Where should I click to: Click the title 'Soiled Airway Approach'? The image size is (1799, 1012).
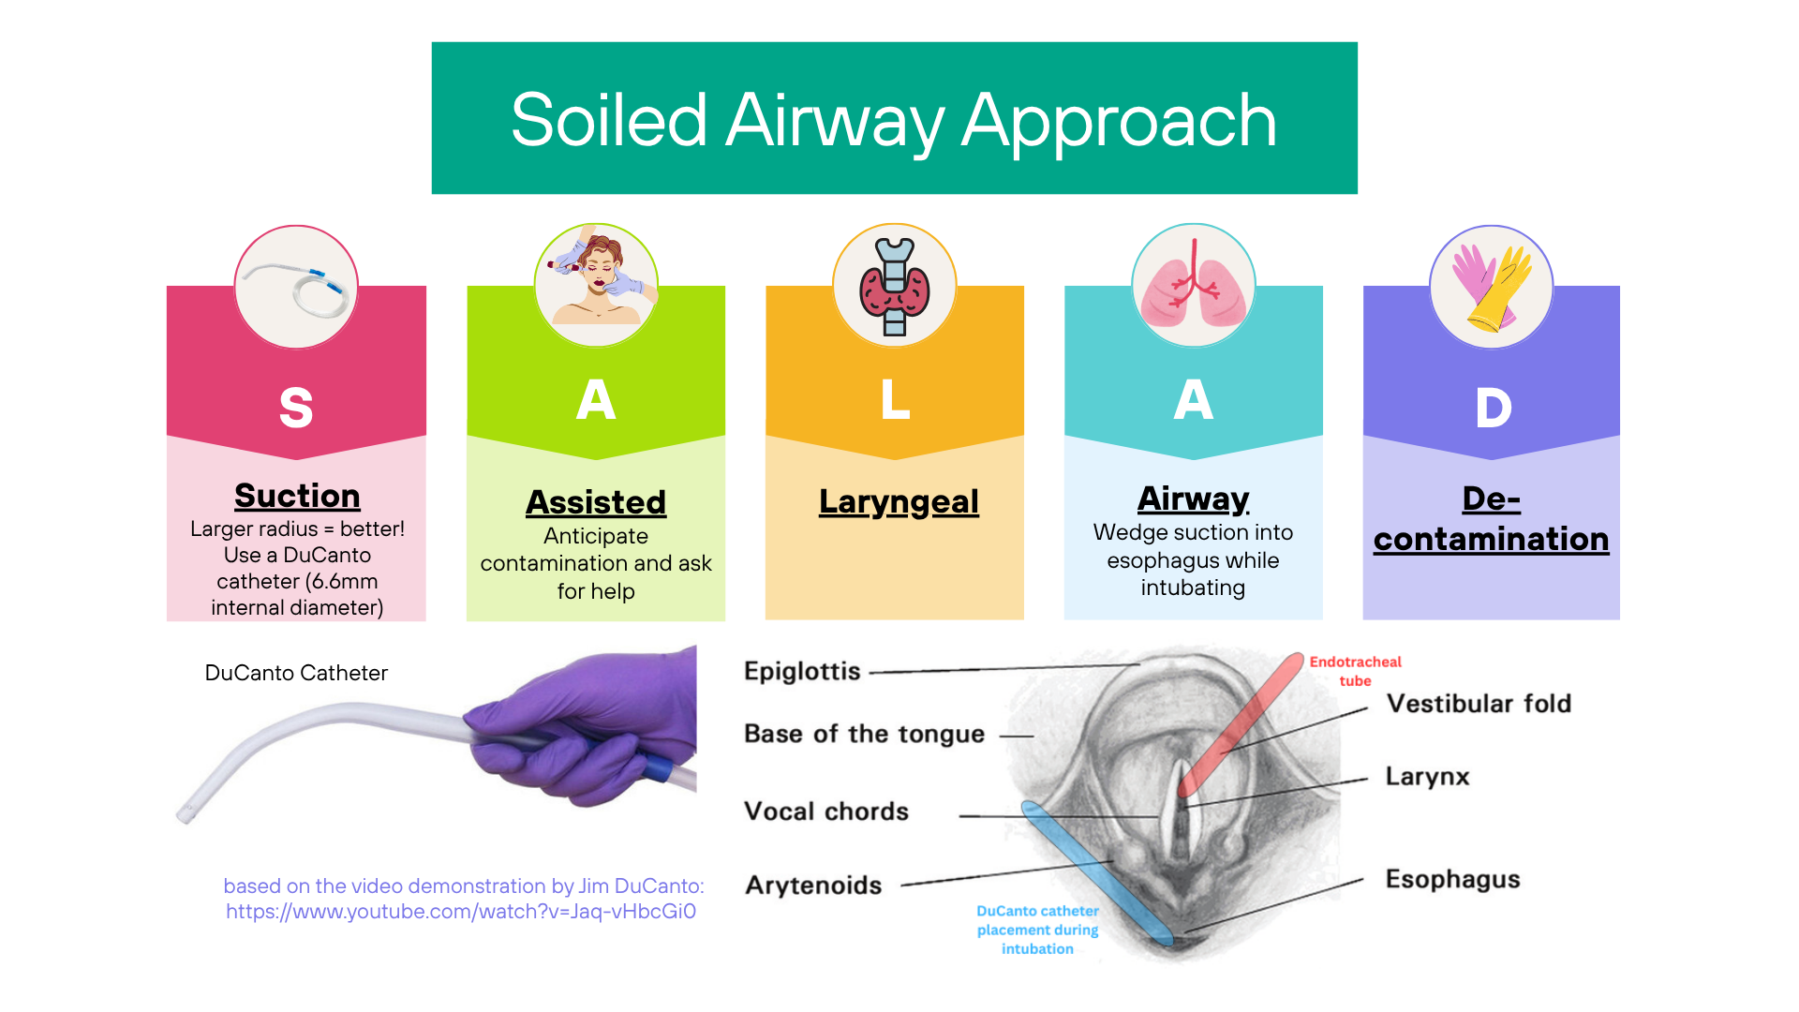tap(894, 121)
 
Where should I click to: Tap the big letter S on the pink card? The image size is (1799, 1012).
tap(296, 408)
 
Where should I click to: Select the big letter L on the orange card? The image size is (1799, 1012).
tap(895, 399)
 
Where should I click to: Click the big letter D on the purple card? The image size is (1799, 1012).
tap(1493, 408)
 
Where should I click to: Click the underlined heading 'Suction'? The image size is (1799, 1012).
tap(297, 495)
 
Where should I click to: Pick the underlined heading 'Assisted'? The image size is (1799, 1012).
tap(596, 502)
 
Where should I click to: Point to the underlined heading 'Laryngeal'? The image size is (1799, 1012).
tap(899, 502)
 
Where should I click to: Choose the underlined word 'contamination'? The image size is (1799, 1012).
tap(1492, 539)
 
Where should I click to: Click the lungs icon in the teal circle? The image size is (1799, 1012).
tap(1193, 285)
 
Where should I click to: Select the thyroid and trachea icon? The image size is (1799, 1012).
tap(895, 286)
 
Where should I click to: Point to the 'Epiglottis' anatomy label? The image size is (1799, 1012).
tap(802, 671)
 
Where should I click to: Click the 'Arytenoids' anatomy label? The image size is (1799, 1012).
tap(813, 885)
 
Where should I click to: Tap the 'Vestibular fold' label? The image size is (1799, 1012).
tap(1479, 704)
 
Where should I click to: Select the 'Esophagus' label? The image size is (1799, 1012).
tap(1452, 880)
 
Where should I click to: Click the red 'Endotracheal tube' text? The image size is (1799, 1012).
tap(1355, 671)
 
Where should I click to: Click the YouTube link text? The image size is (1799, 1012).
tap(461, 912)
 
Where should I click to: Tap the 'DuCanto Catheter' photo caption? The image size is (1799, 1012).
tap(296, 673)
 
